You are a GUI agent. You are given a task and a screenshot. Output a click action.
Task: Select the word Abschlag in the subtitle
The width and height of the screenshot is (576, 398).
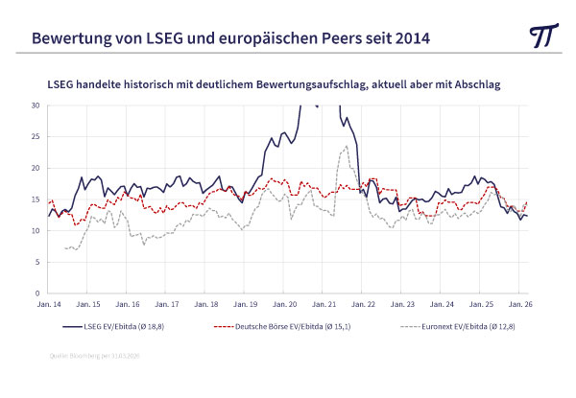point(477,84)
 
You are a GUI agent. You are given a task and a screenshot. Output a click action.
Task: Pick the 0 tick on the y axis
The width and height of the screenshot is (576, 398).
point(37,293)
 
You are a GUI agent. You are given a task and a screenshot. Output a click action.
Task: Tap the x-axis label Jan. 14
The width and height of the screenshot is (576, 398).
point(50,304)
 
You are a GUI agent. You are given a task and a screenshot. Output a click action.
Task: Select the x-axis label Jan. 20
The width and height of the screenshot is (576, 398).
point(284,304)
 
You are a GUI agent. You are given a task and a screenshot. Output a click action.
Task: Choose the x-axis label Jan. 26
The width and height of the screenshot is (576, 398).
point(518,304)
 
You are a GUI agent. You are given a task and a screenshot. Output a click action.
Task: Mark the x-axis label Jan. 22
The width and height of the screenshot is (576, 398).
point(363,304)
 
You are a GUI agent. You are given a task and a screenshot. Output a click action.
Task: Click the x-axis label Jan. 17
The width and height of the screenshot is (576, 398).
point(167,304)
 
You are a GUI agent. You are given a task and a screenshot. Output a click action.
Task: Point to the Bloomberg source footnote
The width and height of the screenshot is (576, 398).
point(94,357)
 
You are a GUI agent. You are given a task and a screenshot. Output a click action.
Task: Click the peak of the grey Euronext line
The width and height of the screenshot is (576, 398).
point(346,147)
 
